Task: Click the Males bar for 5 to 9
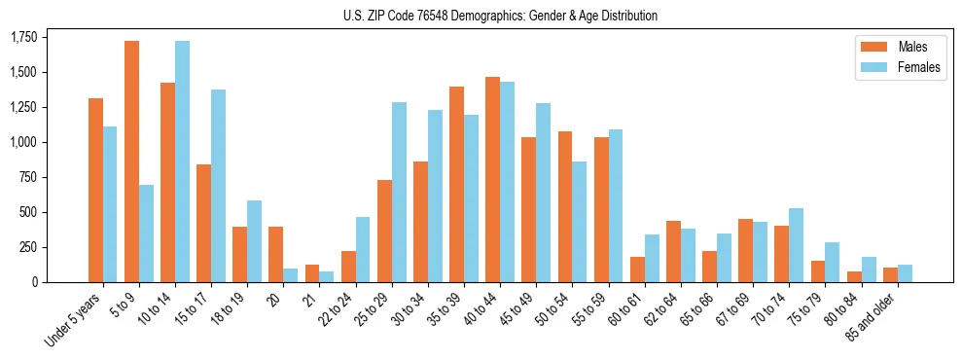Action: click(131, 162)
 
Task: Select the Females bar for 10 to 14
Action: click(183, 162)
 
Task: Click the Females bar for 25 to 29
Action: click(399, 192)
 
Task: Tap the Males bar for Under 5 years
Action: click(95, 190)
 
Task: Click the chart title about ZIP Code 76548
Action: click(500, 16)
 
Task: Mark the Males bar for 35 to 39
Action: click(456, 184)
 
